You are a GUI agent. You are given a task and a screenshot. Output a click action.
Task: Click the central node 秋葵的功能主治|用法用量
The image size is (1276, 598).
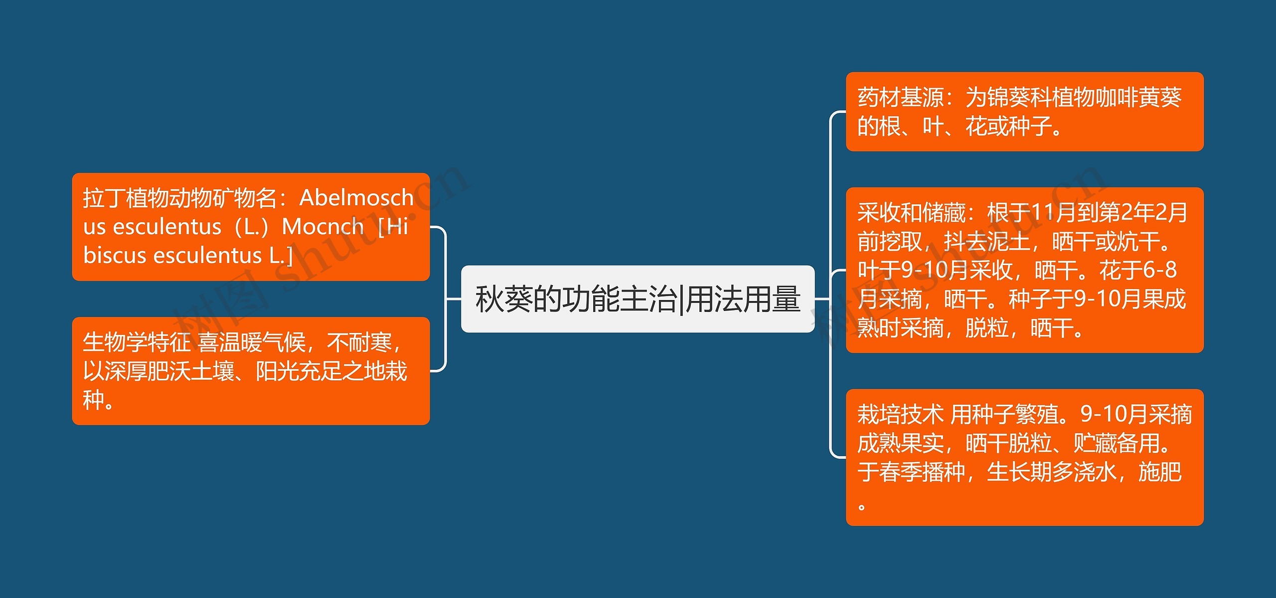point(638,299)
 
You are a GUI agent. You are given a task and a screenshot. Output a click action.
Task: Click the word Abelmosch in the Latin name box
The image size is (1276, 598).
point(356,198)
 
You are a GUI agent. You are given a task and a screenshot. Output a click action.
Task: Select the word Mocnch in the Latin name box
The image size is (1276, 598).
point(322,227)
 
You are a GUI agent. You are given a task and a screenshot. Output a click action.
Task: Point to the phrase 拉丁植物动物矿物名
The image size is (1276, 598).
point(179,198)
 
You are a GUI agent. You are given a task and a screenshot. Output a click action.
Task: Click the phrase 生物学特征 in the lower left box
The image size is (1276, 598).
point(136,342)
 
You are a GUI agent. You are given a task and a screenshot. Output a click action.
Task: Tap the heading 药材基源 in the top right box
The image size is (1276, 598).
point(900,97)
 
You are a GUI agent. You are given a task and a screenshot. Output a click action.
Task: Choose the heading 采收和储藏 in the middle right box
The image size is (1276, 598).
point(911,213)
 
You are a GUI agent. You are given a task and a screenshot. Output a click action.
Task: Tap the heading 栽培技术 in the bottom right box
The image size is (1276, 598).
point(900,415)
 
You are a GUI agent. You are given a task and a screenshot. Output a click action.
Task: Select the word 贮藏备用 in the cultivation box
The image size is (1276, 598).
point(1116,443)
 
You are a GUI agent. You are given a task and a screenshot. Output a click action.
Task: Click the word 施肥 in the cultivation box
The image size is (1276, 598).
point(1160,472)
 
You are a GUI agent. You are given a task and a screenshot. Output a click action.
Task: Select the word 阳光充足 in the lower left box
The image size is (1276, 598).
point(299,371)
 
